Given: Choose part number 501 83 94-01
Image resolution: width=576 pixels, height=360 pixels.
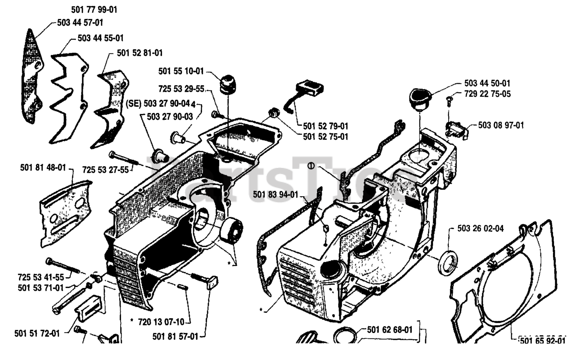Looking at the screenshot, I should (x=275, y=194).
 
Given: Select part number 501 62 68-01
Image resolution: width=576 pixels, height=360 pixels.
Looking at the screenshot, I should (x=390, y=329).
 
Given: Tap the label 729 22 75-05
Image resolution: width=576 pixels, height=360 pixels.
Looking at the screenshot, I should (x=487, y=94).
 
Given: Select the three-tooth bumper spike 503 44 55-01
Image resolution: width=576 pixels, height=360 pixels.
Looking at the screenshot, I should (x=69, y=92).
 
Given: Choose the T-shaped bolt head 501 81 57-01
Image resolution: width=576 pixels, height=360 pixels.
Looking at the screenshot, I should (x=211, y=283).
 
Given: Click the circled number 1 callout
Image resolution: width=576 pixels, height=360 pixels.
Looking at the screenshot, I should (x=310, y=166).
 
